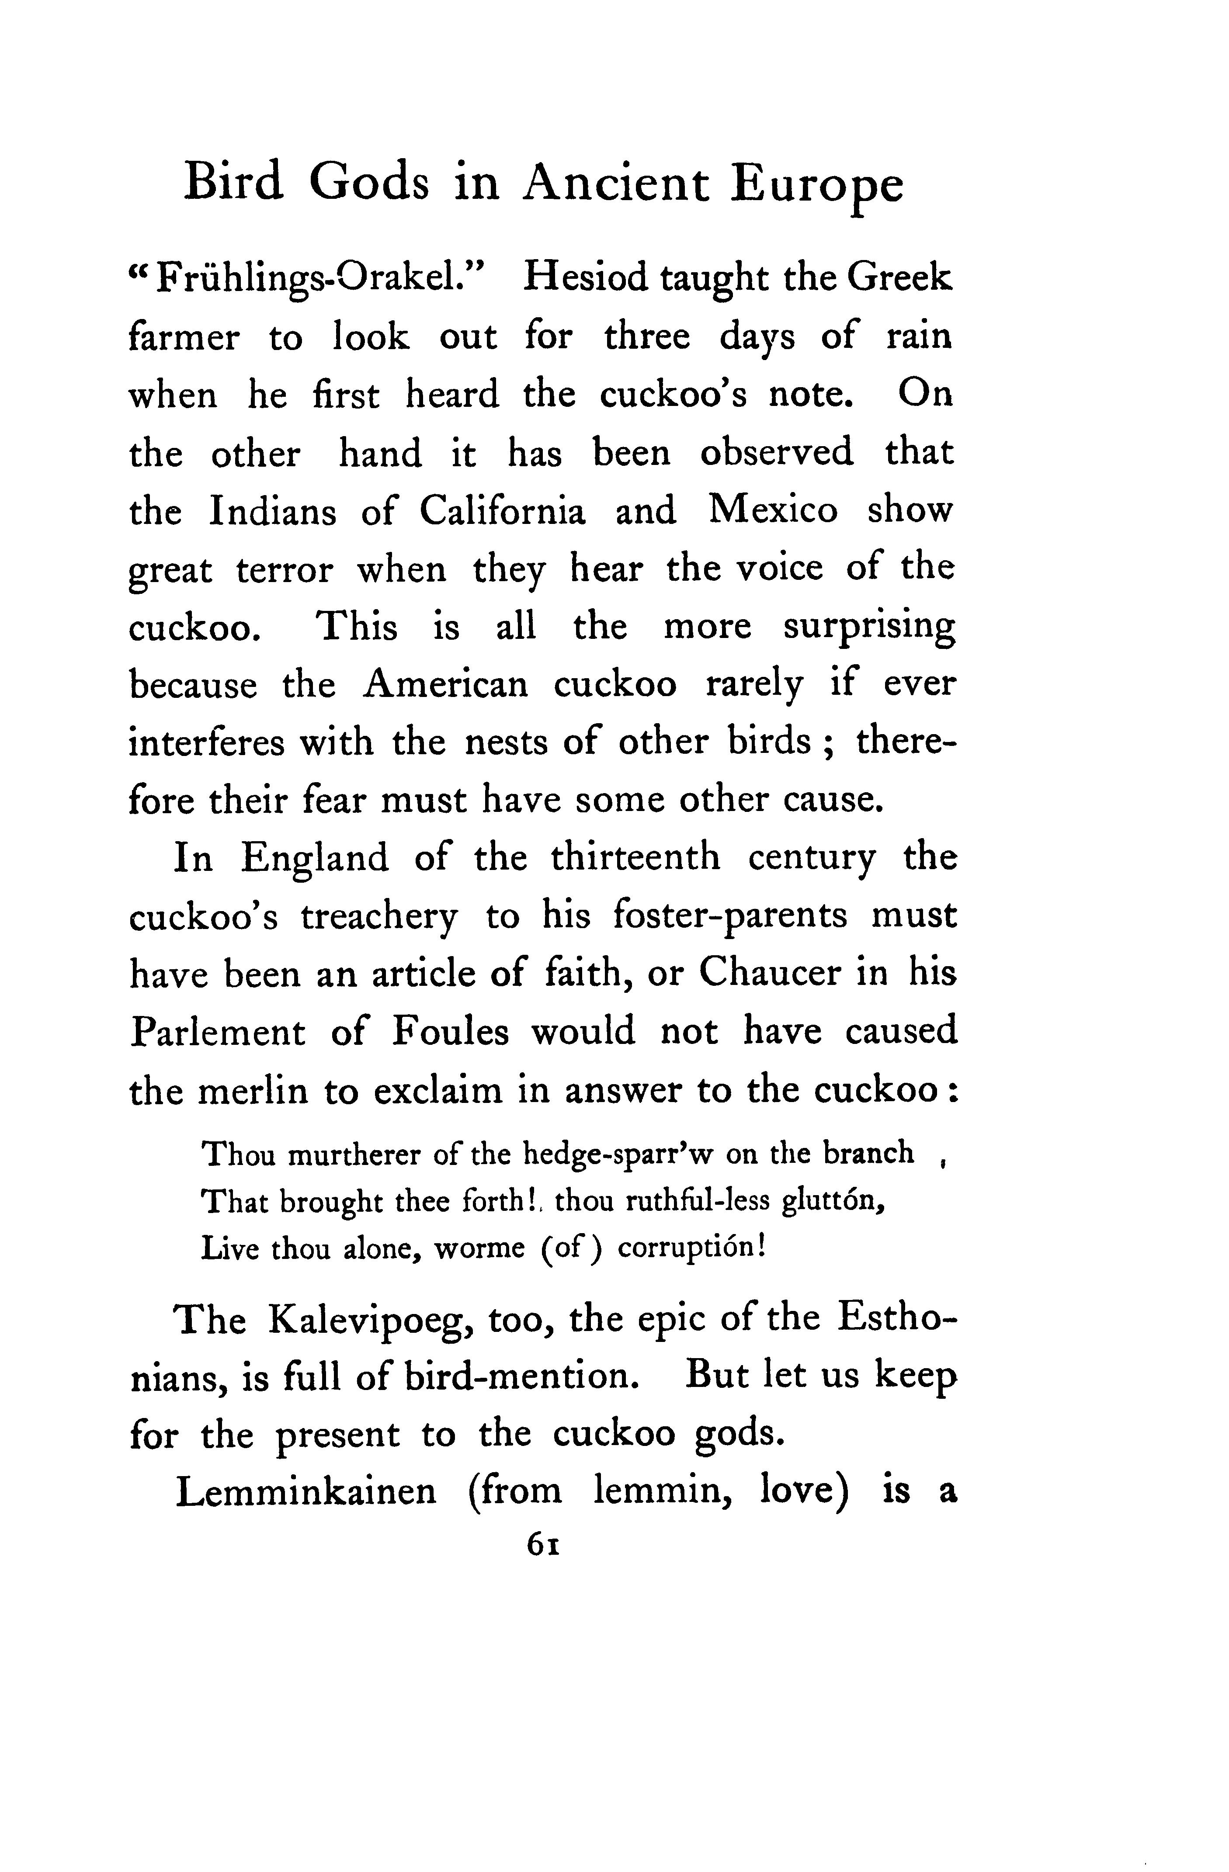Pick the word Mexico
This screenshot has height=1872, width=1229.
pos(773,511)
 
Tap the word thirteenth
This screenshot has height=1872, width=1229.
pos(636,858)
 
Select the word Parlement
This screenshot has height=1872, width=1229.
pos(217,1033)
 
